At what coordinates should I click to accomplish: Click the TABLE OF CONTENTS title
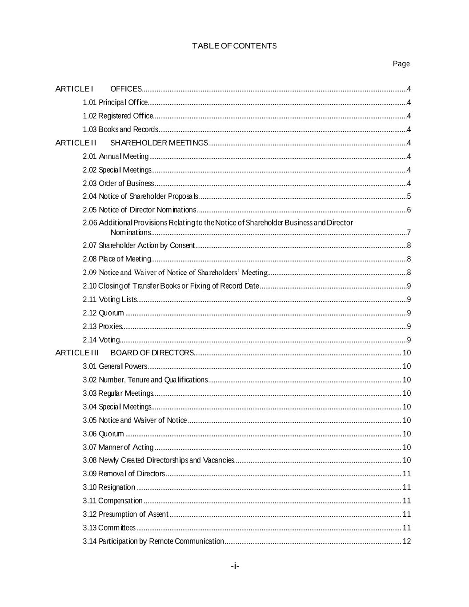tap(234, 46)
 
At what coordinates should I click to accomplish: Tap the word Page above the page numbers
tap(401, 64)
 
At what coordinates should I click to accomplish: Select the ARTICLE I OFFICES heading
tap(99, 89)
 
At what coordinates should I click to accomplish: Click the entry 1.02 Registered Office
tap(118, 116)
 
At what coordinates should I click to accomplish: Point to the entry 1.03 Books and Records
tap(120, 129)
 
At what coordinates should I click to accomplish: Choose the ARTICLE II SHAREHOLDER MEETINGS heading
tap(132, 143)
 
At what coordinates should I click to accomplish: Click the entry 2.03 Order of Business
tap(118, 183)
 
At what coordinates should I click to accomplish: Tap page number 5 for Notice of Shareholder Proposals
tap(409, 197)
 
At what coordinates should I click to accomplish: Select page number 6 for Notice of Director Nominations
tap(409, 210)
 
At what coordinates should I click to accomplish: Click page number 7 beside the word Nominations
tap(409, 233)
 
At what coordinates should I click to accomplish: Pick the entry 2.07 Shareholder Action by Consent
tap(139, 245)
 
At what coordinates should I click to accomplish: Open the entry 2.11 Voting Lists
tap(110, 299)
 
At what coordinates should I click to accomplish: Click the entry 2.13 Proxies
tap(102, 326)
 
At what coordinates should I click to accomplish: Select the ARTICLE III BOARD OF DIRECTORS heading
tap(124, 353)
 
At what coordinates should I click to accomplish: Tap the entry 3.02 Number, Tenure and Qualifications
tap(145, 380)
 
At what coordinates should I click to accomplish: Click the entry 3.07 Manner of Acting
tap(118, 447)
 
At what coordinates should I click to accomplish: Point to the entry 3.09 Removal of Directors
tap(124, 474)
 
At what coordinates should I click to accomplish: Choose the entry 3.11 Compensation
tap(113, 501)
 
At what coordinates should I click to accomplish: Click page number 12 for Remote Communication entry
tap(406, 541)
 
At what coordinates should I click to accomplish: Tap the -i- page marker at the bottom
tap(235, 566)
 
